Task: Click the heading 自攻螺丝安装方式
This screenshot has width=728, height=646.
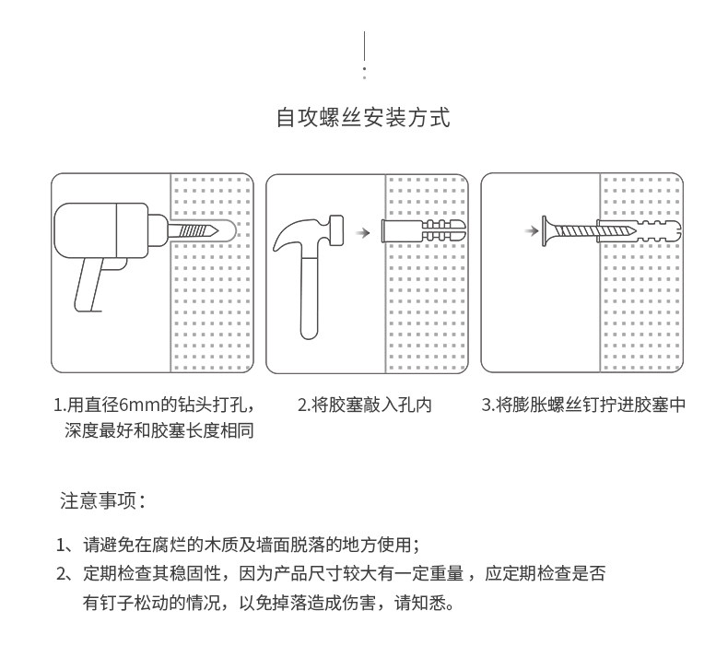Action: coord(363,118)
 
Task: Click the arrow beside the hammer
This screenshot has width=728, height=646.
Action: coord(363,233)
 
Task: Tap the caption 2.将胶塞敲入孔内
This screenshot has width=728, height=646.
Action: coord(364,404)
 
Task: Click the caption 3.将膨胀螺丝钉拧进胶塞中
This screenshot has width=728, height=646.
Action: coord(584,404)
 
